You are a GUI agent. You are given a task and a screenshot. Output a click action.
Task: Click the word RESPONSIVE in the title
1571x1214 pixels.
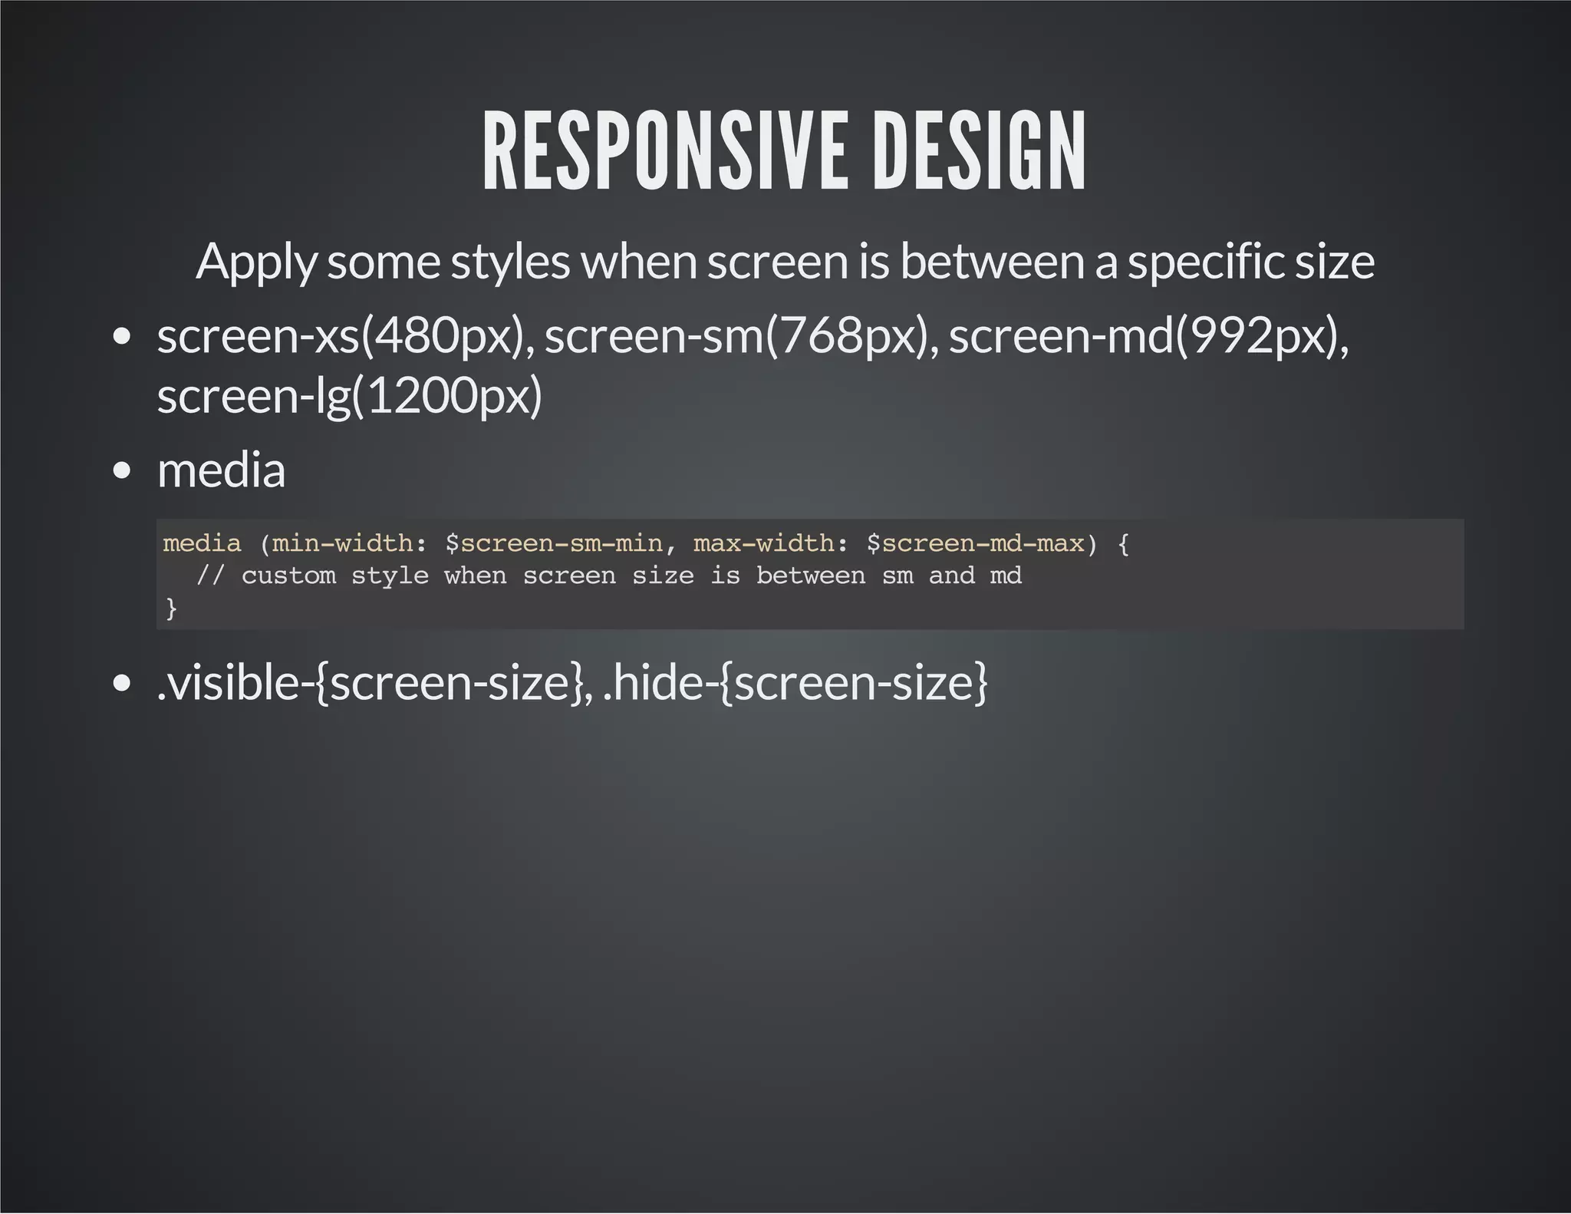pos(664,151)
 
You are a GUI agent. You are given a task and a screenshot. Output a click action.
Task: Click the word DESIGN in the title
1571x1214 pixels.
pos(980,151)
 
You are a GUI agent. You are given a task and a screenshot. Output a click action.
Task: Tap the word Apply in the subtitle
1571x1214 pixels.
pos(255,262)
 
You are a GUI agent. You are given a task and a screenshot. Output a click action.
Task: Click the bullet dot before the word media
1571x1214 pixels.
pos(121,470)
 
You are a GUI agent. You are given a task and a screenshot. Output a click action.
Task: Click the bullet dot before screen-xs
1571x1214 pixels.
pos(121,337)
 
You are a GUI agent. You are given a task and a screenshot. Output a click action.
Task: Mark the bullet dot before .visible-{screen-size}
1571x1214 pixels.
pos(121,683)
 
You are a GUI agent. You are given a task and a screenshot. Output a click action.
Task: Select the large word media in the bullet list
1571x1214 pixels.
pos(221,470)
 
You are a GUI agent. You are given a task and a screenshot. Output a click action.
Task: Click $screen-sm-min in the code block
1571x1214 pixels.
pos(553,543)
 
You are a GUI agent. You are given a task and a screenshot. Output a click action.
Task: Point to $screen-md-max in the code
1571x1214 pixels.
pos(975,543)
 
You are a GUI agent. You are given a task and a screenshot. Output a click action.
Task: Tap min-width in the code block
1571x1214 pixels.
pos(342,543)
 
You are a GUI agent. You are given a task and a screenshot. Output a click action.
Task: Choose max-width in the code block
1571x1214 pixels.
pos(763,543)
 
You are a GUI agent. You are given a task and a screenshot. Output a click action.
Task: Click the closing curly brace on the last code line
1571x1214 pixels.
pos(171,608)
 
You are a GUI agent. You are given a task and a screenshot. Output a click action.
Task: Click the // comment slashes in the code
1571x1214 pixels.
pos(209,576)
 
